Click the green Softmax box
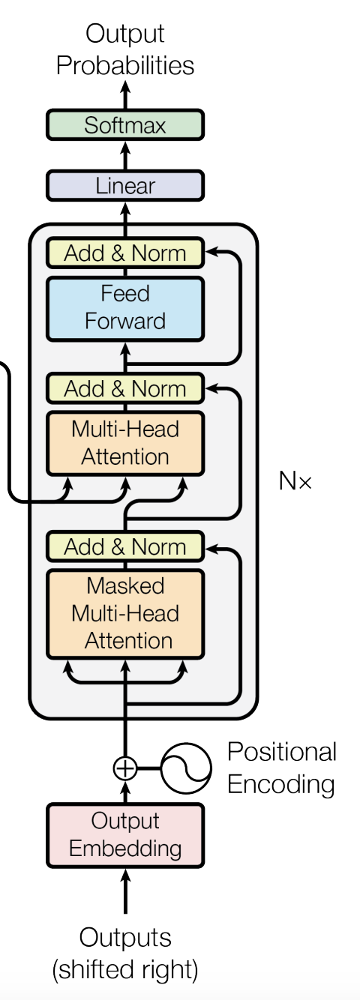pyautogui.click(x=125, y=124)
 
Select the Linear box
pyautogui.click(x=125, y=185)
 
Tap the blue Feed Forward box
pyautogui.click(x=125, y=309)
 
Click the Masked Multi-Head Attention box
pyautogui.click(x=125, y=613)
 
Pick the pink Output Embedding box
pyautogui.click(x=125, y=835)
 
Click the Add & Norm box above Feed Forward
pyautogui.click(x=125, y=253)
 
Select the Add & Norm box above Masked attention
pyautogui.click(x=125, y=546)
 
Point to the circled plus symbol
pyautogui.click(x=125, y=769)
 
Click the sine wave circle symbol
pyautogui.click(x=186, y=768)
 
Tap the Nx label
pyautogui.click(x=295, y=481)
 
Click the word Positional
pyautogui.click(x=282, y=752)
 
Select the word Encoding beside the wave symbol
pyautogui.click(x=281, y=784)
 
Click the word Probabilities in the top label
pyautogui.click(x=125, y=66)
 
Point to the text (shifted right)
pyautogui.click(x=125, y=970)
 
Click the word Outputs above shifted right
pyautogui.click(x=125, y=938)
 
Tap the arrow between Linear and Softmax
pyautogui.click(x=125, y=155)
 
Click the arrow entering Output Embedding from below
pyautogui.click(x=125, y=891)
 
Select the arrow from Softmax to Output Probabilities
pyautogui.click(x=125, y=94)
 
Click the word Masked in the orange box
pyautogui.click(x=125, y=585)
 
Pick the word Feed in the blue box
pyautogui.click(x=125, y=293)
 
